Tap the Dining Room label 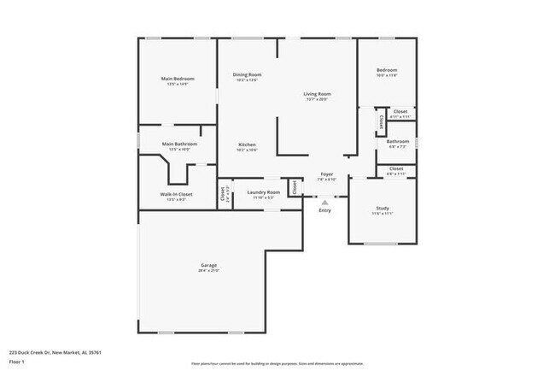[x=247, y=74]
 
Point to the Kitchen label [x=247, y=144]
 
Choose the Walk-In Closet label [x=176, y=194]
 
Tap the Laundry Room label [x=263, y=192]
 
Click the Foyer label [x=327, y=174]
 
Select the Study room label [x=383, y=209]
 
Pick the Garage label [x=209, y=265]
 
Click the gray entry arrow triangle [x=324, y=202]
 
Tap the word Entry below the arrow [x=324, y=210]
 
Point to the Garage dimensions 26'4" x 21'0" [x=209, y=271]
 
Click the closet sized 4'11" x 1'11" [x=400, y=114]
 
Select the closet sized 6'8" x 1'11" [x=396, y=171]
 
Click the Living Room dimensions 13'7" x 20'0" [x=318, y=99]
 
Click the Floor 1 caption [x=15, y=362]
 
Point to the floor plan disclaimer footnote [x=277, y=363]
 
